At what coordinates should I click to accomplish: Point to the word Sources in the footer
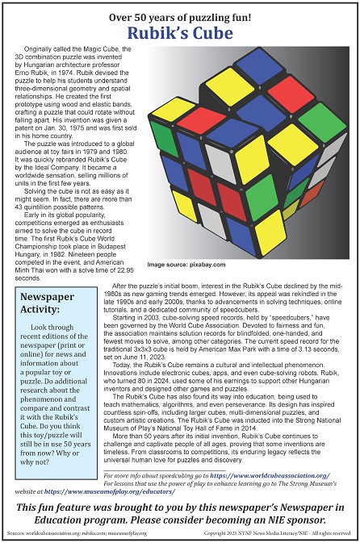[15, 534]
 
